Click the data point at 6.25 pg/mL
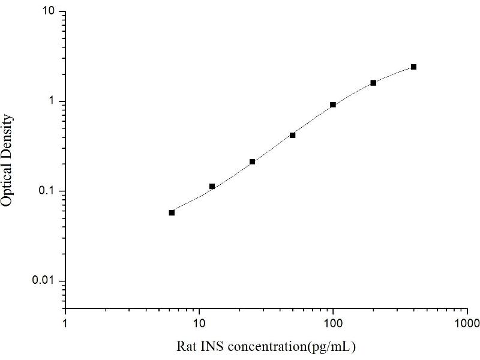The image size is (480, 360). pos(172,212)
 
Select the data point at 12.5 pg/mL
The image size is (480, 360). pos(212,187)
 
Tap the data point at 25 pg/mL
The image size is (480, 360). pos(252,161)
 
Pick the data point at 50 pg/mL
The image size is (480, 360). pos(292,135)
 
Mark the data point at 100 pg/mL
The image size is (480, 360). pos(333,104)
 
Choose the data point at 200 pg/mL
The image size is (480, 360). pos(373,82)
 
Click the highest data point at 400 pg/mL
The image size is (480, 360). pos(413,67)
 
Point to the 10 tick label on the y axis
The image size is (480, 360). pos(50,12)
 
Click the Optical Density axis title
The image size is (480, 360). pos(8,160)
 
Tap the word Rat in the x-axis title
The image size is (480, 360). pos(185,347)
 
